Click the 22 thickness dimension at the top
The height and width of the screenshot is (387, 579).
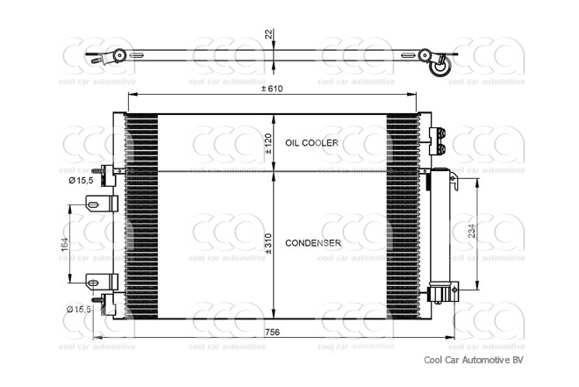click(268, 34)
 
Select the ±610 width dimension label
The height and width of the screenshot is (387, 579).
click(271, 89)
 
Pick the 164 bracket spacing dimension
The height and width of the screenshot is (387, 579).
click(65, 244)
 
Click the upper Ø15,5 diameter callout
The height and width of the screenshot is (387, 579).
click(82, 181)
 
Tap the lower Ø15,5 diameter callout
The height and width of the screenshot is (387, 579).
click(82, 310)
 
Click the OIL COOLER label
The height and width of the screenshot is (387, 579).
click(310, 142)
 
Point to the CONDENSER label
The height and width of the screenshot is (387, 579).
click(313, 242)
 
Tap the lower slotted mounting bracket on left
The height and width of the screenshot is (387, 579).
click(101, 282)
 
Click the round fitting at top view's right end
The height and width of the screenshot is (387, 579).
click(440, 63)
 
